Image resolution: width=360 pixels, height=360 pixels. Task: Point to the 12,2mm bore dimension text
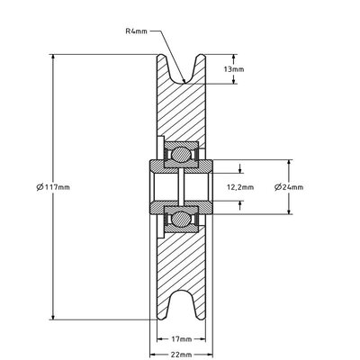[239, 187]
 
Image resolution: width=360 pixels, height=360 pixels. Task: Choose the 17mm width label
[181, 339]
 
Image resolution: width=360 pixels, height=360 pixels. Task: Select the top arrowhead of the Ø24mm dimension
[289, 163]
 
